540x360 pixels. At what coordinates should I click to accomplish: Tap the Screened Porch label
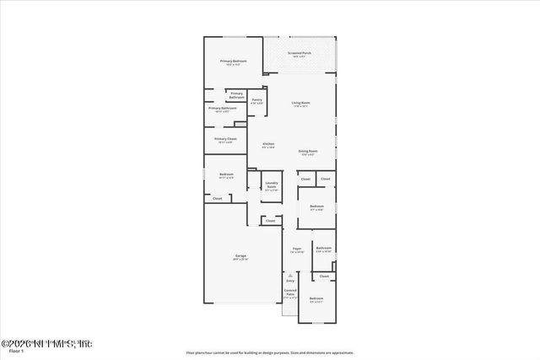[300, 54]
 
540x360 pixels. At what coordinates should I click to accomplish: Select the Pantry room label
[256, 100]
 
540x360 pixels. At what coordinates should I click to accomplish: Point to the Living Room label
[302, 103]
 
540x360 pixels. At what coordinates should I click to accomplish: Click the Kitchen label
[267, 145]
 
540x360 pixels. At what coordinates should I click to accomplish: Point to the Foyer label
[297, 250]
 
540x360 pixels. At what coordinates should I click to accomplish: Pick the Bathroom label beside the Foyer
[323, 249]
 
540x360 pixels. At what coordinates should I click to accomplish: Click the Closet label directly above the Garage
[217, 198]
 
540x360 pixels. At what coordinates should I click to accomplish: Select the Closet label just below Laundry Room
[270, 221]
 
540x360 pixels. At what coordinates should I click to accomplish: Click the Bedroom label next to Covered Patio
[316, 299]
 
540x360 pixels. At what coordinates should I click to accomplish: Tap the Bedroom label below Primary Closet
[225, 175]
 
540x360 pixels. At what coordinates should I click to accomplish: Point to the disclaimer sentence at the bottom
[269, 352]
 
